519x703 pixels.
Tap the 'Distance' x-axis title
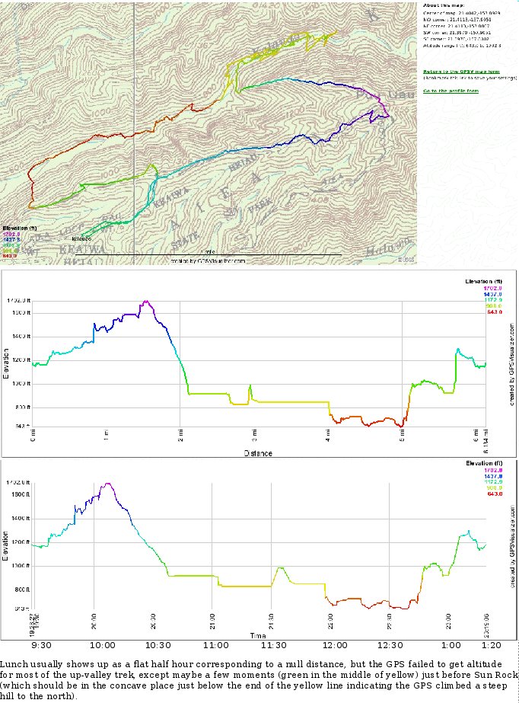[257, 453]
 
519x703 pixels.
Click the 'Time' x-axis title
[258, 634]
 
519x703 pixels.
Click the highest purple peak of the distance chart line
[144, 301]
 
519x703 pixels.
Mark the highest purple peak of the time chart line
[108, 483]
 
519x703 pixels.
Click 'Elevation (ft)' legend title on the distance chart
[484, 282]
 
